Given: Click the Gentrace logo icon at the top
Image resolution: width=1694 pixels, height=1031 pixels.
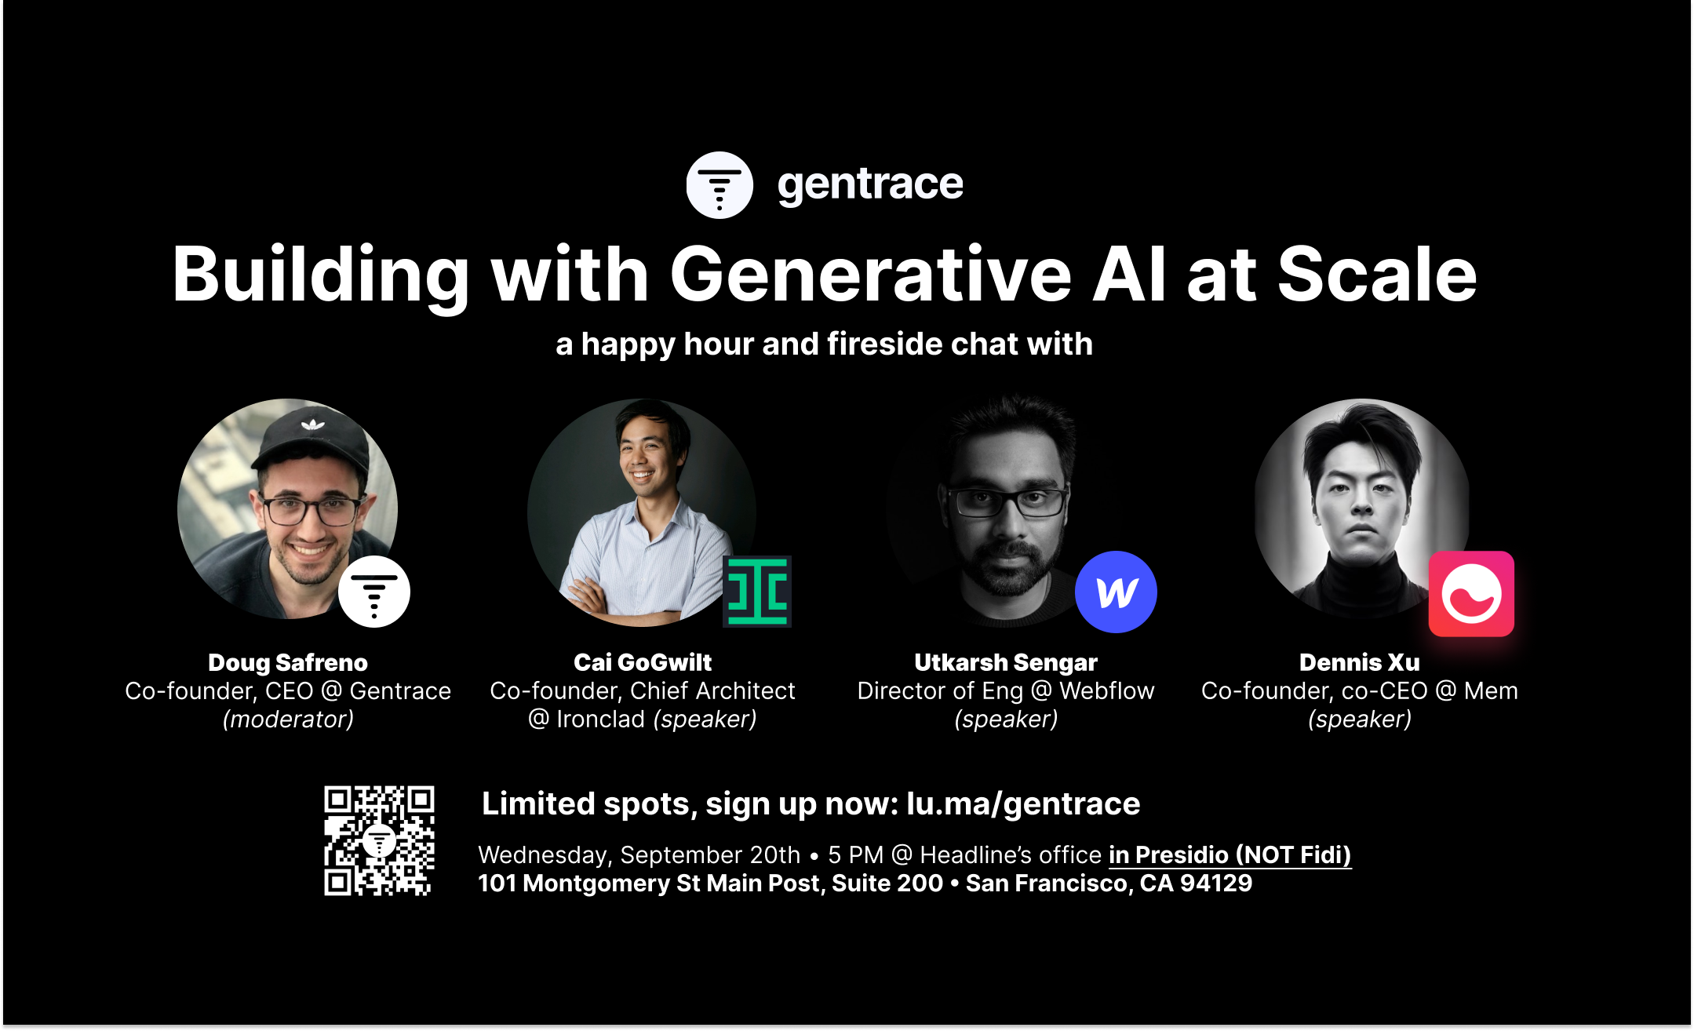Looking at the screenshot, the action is click(x=719, y=185).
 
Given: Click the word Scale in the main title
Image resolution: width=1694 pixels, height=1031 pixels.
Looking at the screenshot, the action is click(x=1377, y=274).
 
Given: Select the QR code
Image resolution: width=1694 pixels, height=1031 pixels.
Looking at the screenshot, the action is click(x=379, y=840).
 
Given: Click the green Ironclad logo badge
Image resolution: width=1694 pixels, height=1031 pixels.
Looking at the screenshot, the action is click(x=757, y=592).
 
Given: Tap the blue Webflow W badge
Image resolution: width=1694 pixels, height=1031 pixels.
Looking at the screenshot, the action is click(x=1116, y=592).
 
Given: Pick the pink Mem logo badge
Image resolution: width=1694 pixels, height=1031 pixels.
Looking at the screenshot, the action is click(x=1471, y=594).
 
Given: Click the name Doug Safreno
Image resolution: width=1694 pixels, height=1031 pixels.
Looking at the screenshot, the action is click(x=288, y=662).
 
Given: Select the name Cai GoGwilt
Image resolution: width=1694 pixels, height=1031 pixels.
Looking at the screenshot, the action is click(x=643, y=662).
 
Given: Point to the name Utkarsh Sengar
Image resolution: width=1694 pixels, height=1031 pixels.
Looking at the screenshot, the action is click(x=1006, y=662).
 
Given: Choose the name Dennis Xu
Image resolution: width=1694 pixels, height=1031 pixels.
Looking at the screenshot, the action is click(x=1360, y=662).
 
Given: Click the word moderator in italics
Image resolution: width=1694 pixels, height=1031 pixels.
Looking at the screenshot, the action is click(x=288, y=719).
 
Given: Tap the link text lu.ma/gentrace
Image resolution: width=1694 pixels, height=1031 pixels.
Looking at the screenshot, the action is click(x=1023, y=804).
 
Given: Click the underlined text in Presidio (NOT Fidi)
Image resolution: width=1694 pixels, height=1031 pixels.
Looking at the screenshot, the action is click(x=1230, y=854).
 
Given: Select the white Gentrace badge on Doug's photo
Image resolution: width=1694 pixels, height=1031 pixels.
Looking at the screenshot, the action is click(x=374, y=592).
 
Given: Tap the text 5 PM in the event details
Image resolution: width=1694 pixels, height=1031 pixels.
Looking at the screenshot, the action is click(x=855, y=854).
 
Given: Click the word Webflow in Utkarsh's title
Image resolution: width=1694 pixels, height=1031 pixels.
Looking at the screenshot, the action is click(x=1107, y=690).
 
